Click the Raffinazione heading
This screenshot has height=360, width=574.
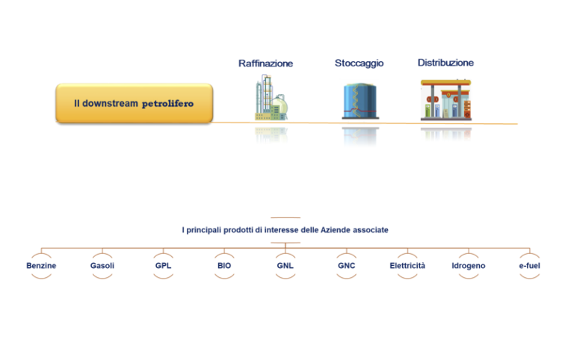[x=265, y=63]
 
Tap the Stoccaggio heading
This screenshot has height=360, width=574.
[x=359, y=63]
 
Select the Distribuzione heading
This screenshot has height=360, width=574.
[x=445, y=63]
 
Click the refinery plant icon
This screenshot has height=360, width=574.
[x=271, y=97]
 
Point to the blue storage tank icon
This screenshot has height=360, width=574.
[x=360, y=101]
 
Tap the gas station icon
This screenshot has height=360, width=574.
[x=446, y=99]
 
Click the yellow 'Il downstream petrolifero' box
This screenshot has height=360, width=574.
[x=134, y=103]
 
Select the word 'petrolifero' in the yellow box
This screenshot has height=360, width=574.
[x=167, y=104]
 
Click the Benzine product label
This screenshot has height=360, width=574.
[x=41, y=266]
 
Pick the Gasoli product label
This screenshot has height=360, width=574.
[x=102, y=266]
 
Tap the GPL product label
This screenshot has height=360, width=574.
[x=163, y=266]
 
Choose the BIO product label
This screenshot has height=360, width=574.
[x=224, y=266]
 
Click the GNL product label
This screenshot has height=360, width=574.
[x=286, y=266]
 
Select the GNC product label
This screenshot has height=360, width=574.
[x=346, y=266]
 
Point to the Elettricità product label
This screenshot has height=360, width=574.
[x=407, y=266]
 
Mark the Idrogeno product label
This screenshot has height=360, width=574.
[x=469, y=266]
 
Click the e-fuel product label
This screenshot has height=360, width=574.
[x=529, y=266]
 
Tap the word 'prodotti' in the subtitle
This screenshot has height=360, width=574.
[x=238, y=230]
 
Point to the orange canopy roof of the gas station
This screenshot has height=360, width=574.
[x=445, y=83]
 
